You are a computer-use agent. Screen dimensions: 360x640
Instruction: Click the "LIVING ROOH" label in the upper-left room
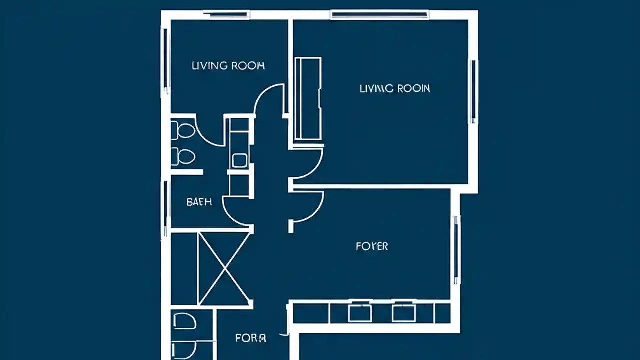(x=228, y=66)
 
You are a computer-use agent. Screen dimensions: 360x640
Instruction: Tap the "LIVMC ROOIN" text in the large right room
(x=394, y=89)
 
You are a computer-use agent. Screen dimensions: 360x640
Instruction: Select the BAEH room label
(x=199, y=202)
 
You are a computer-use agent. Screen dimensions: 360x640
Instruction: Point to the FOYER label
(x=372, y=246)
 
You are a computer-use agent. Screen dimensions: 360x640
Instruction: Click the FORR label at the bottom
(x=250, y=338)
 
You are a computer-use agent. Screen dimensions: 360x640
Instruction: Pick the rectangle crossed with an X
(x=224, y=268)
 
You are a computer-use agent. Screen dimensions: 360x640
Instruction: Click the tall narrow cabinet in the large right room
(x=307, y=99)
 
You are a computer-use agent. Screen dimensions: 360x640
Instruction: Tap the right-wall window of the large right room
(x=472, y=91)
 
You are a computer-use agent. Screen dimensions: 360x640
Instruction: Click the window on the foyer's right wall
(x=455, y=250)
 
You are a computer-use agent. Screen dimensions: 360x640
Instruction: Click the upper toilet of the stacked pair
(x=183, y=131)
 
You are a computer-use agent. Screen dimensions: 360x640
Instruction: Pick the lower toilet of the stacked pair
(x=183, y=156)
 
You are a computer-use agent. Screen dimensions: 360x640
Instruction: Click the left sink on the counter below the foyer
(x=359, y=313)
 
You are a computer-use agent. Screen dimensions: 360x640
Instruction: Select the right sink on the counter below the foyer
(x=403, y=313)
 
